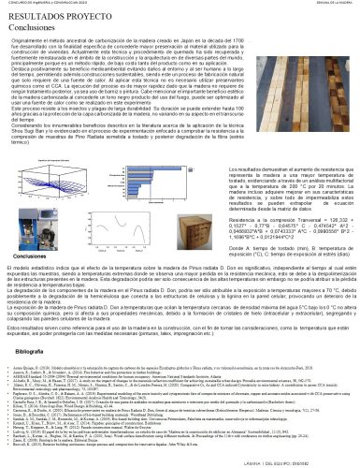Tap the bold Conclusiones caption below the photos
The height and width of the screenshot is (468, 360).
point(27,256)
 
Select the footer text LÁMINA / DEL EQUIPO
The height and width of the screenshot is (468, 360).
point(308,461)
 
